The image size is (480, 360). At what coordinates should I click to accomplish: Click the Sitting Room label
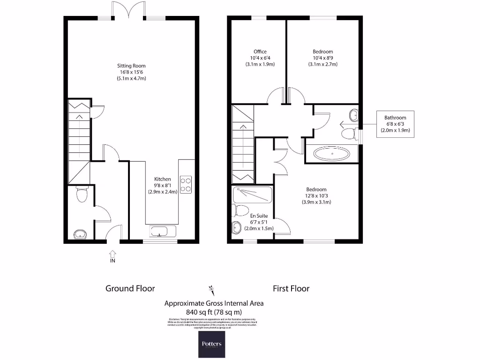click(x=131, y=66)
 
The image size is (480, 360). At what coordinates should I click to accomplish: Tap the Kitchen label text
click(x=163, y=179)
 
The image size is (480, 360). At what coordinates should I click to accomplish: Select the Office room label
click(x=260, y=52)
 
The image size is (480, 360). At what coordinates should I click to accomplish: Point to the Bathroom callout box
click(x=395, y=124)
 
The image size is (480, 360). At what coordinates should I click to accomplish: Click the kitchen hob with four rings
click(x=186, y=184)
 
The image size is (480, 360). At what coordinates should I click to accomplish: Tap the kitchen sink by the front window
click(x=163, y=231)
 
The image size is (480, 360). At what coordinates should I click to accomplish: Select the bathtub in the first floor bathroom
click(x=332, y=153)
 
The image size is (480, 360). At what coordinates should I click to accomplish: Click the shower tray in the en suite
click(x=252, y=195)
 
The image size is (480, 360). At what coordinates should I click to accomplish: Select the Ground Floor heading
click(x=130, y=288)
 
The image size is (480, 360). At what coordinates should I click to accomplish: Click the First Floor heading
click(x=291, y=288)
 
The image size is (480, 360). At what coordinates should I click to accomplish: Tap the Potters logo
click(x=212, y=344)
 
